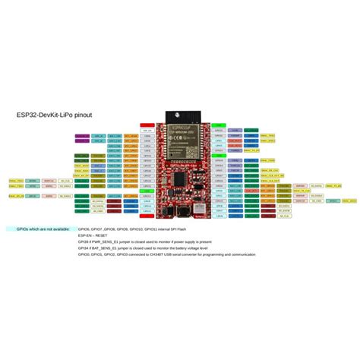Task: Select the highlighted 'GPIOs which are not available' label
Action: pos(37,229)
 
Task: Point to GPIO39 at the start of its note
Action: pos(85,242)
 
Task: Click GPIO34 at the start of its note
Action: pos(85,248)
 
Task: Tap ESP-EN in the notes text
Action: pos(84,235)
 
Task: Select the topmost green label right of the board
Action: pos(217,125)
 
